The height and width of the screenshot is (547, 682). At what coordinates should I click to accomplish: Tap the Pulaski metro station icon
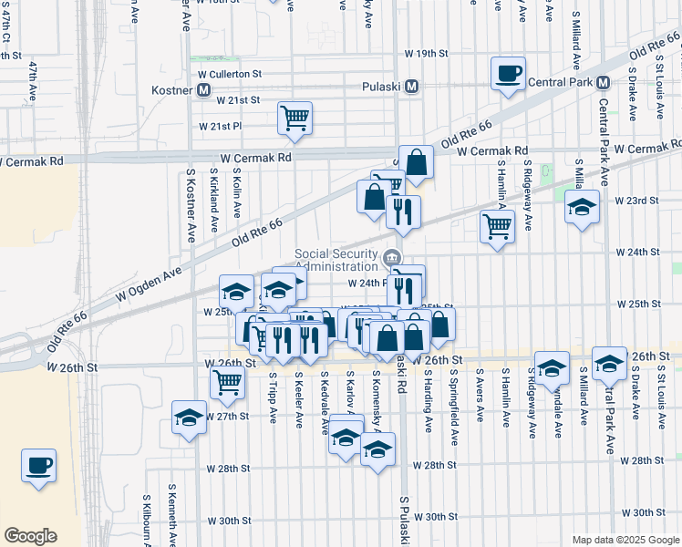click(412, 87)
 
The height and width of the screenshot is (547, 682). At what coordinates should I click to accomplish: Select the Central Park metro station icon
click(602, 83)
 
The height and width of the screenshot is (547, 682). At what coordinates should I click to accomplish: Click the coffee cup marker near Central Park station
click(508, 74)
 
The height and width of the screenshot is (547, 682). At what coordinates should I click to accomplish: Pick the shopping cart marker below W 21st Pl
click(294, 118)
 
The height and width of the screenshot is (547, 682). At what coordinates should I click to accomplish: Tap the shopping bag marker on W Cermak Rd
click(416, 163)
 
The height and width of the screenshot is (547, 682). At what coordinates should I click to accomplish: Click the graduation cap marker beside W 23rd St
click(582, 207)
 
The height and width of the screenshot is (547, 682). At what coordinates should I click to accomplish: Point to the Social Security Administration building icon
click(393, 258)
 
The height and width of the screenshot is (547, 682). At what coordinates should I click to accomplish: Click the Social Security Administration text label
click(336, 260)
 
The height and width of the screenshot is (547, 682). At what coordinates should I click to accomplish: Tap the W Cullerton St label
click(230, 73)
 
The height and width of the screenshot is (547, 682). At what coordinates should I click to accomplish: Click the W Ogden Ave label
click(148, 282)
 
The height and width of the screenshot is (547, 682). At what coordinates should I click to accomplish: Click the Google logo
click(30, 536)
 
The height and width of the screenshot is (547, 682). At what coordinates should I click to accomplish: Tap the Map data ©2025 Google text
click(624, 540)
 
